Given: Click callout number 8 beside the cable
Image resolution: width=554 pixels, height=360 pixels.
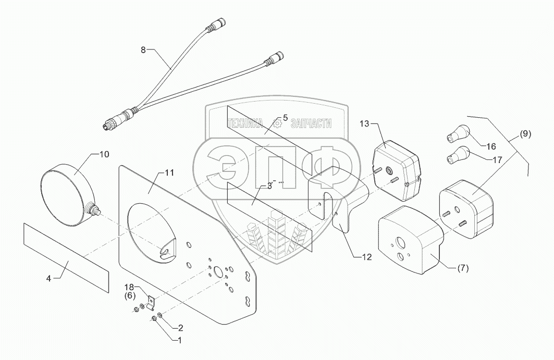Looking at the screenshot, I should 143,50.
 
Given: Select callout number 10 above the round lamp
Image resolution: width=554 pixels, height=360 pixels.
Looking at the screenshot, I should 104,154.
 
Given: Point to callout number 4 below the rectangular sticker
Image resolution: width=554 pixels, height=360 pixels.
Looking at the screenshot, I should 48,278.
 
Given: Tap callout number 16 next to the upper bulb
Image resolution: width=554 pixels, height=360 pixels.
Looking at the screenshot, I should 491,146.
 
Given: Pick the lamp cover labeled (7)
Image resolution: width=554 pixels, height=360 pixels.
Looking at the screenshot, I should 408,237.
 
